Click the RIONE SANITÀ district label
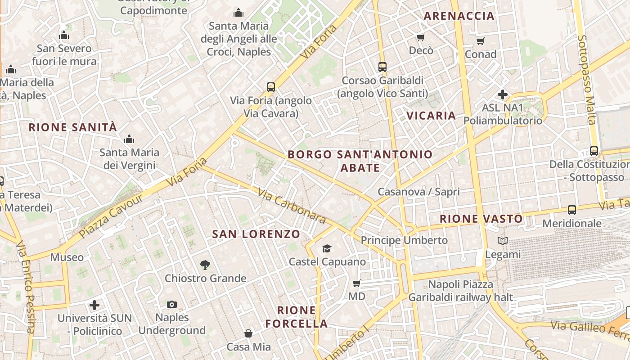click(72, 127)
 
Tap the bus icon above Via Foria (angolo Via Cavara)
click(270, 87)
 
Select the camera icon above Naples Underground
click(171, 305)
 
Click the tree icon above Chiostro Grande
click(205, 265)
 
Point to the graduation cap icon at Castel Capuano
click(327, 248)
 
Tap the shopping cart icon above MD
click(357, 283)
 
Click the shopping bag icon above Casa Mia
click(248, 333)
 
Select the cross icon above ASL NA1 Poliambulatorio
click(503, 94)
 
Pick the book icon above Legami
click(503, 241)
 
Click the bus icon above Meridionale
click(572, 210)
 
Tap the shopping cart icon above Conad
click(481, 41)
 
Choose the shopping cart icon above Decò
click(421, 37)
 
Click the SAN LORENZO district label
click(256, 234)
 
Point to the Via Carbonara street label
click(292, 206)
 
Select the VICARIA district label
click(431, 116)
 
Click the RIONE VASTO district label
click(481, 219)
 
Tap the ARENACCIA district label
click(459, 16)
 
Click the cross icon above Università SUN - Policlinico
click(94, 305)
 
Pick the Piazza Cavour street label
click(110, 216)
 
